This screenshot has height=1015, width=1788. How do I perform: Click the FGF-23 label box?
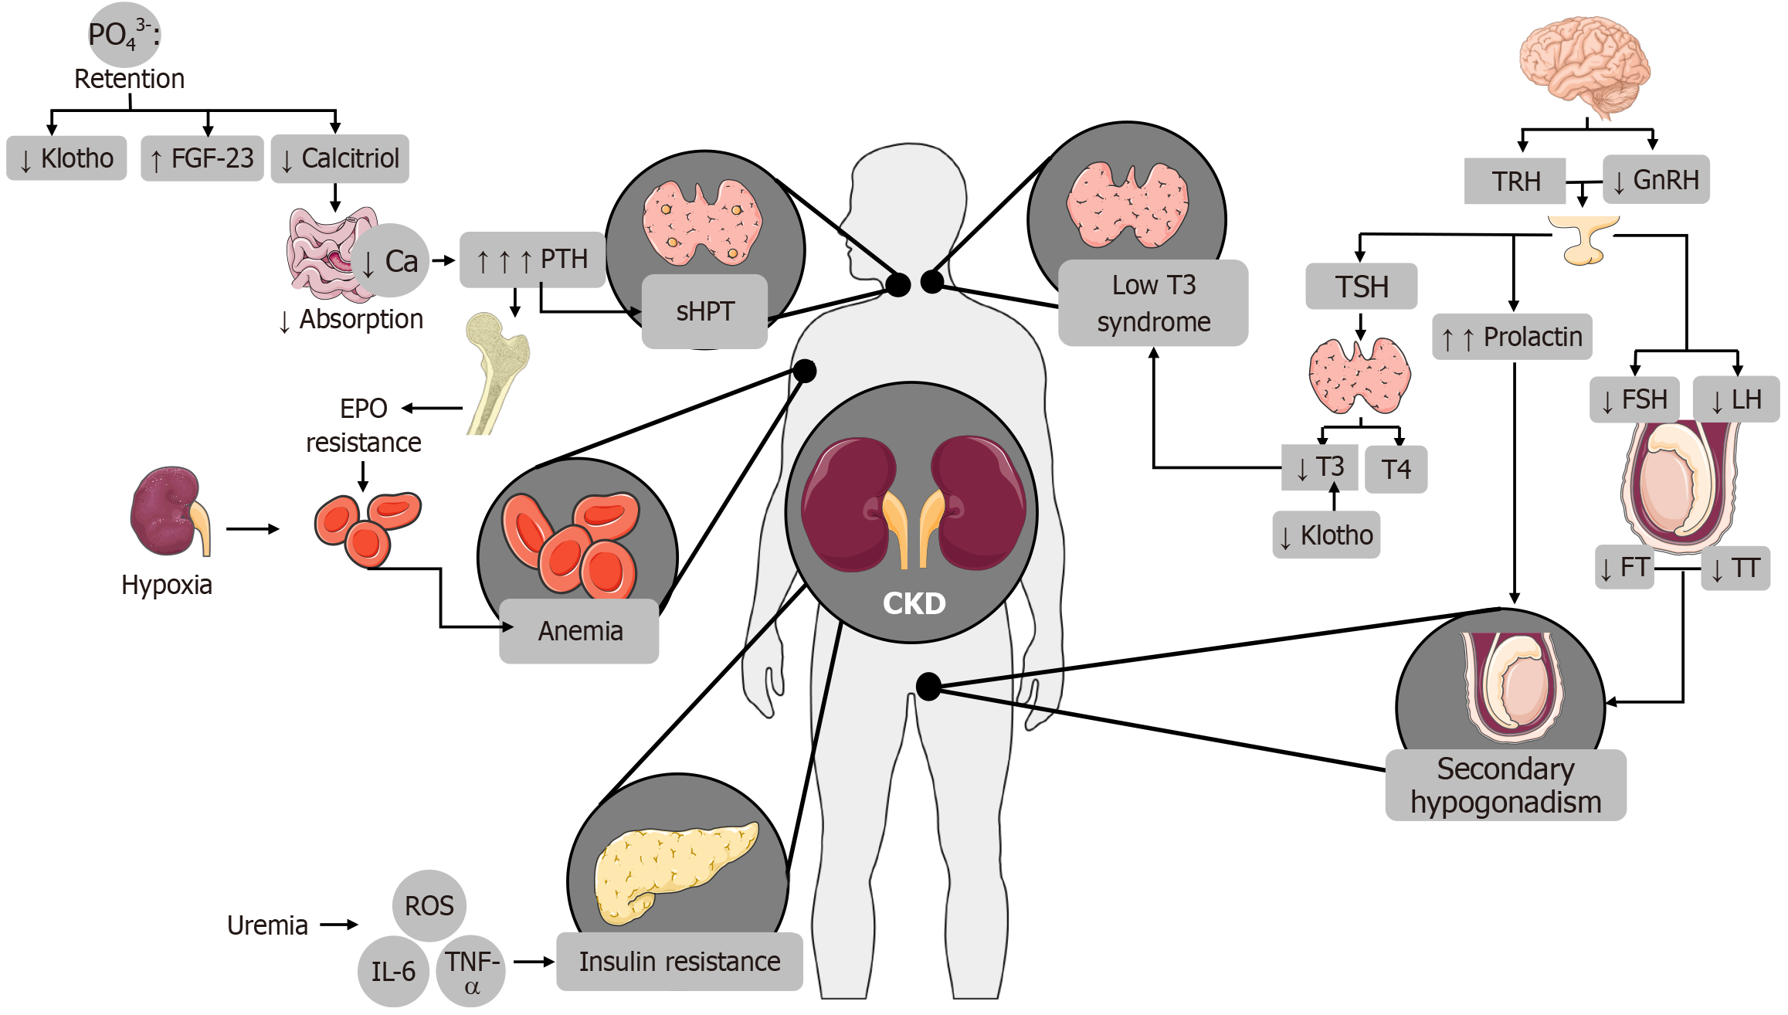[202, 158]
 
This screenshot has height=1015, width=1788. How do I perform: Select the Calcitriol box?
[340, 158]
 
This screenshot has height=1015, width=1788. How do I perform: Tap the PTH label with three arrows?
[532, 260]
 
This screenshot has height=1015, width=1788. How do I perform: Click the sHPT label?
[704, 311]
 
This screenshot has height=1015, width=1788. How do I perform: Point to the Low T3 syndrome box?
[1153, 303]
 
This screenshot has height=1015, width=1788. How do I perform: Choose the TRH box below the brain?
[1515, 182]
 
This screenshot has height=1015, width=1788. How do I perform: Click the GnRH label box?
[1656, 180]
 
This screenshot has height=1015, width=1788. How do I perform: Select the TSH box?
[1361, 287]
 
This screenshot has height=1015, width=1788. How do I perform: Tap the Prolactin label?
[1512, 337]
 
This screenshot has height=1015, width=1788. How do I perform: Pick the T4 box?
[1396, 469]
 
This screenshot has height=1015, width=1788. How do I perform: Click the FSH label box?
[1634, 399]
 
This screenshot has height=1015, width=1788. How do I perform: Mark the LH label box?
[1736, 399]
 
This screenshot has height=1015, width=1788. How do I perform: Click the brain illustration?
[1585, 66]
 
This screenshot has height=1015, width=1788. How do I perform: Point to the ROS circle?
[429, 905]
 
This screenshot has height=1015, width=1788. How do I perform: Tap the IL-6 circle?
[393, 971]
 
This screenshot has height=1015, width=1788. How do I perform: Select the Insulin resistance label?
[680, 962]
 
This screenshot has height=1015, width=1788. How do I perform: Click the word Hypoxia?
[167, 585]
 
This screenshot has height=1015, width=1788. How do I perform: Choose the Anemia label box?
[579, 631]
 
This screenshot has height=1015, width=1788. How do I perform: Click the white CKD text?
[914, 603]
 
